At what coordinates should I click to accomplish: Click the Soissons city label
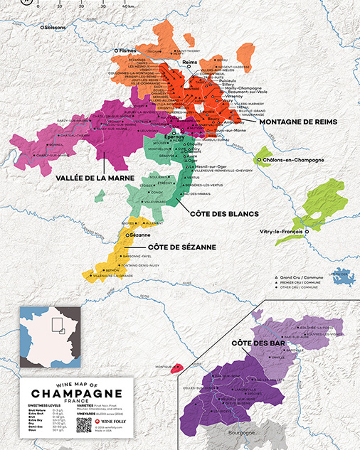coord(58,27)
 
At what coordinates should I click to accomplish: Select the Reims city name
coord(189,63)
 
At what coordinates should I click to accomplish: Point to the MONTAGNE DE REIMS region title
coord(297,122)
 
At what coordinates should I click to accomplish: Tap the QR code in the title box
coord(84,424)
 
